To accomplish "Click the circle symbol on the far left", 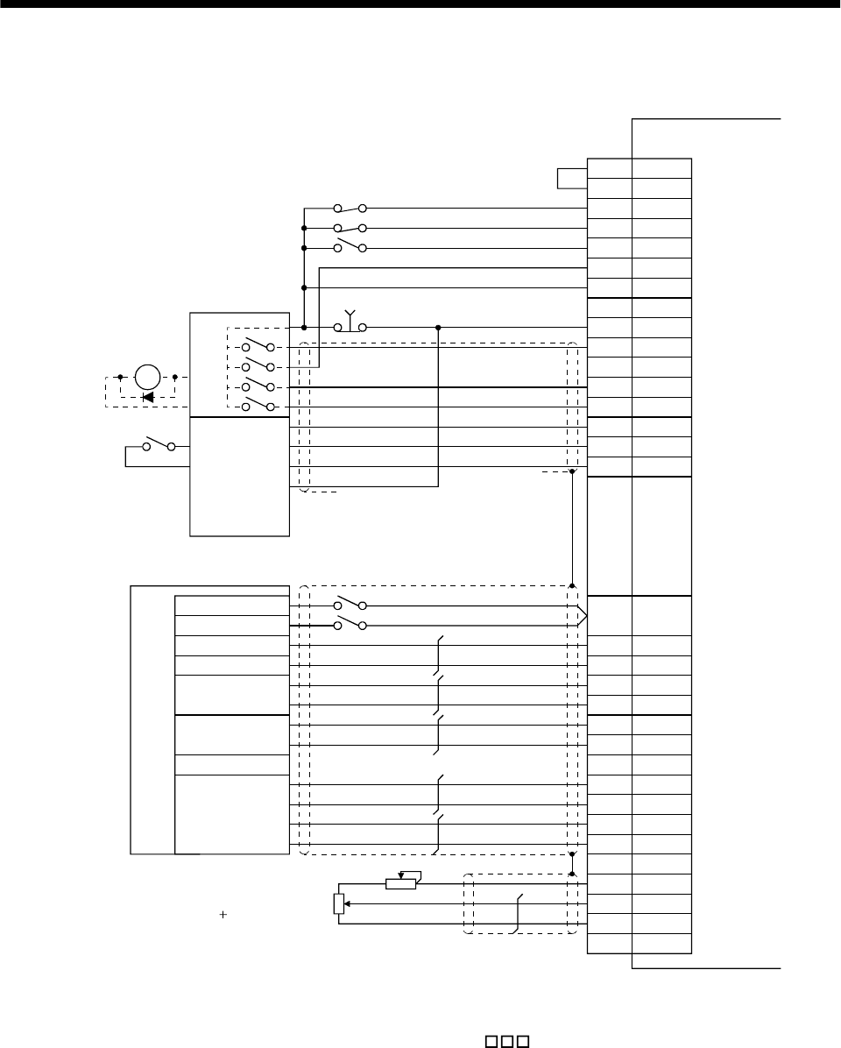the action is (x=148, y=378).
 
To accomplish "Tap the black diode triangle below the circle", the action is (x=148, y=397).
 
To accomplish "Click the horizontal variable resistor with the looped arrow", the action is (x=402, y=881).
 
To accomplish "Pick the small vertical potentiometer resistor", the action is (x=339, y=903).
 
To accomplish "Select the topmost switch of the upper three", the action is (x=350, y=209).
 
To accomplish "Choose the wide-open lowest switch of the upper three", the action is (x=350, y=246).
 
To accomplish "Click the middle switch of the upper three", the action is (x=350, y=228).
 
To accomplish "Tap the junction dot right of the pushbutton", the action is (x=438, y=327).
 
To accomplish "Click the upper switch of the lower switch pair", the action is (x=350, y=605).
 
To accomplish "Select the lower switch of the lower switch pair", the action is (x=350, y=625).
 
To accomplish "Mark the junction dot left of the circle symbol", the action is (x=120, y=378).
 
